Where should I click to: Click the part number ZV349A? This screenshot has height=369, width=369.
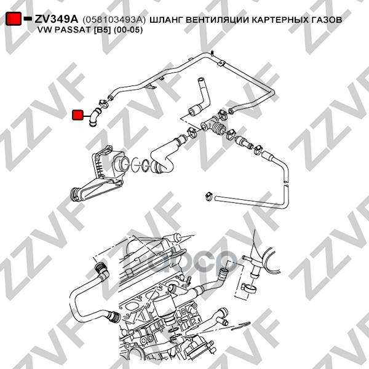[x=57, y=20]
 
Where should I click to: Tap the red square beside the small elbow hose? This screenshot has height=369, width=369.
[x=78, y=114]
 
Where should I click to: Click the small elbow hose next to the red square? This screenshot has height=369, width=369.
[x=93, y=115]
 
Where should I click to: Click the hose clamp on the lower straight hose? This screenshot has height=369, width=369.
[x=208, y=197]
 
